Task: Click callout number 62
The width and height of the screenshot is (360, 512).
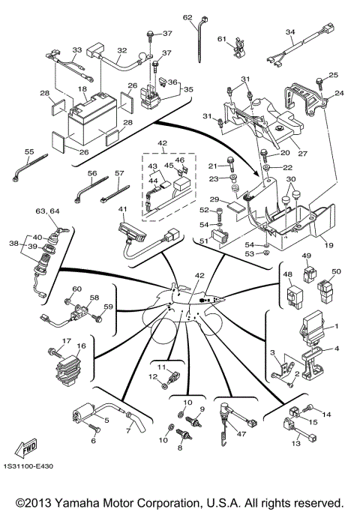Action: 187,17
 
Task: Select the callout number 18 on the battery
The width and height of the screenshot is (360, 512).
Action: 82,88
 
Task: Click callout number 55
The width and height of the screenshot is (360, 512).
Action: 29,151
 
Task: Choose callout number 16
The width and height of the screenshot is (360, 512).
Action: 82,346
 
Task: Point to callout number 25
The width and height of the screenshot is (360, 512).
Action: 334,75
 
